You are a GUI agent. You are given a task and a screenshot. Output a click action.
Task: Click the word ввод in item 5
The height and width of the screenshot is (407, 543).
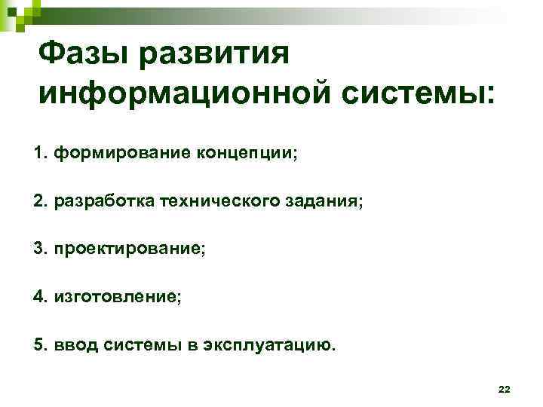[72, 345]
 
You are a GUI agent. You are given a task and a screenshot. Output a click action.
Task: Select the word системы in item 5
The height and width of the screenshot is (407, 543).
[134, 345]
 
